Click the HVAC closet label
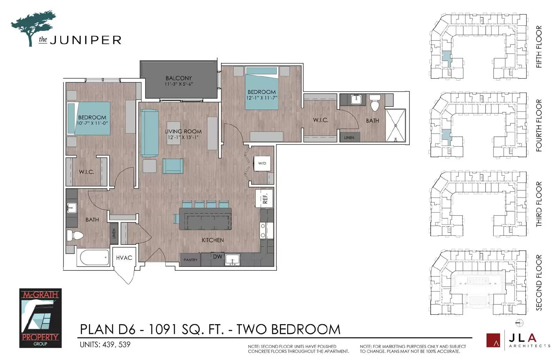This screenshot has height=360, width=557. [124, 258]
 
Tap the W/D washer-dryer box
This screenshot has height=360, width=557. [262, 163]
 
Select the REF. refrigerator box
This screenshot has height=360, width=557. [264, 199]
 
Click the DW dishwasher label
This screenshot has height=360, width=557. [217, 257]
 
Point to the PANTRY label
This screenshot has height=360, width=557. [190, 260]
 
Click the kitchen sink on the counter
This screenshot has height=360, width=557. [233, 260]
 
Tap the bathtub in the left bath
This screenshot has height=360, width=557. [94, 258]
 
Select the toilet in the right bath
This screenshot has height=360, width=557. [375, 103]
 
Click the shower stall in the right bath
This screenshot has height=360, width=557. [395, 126]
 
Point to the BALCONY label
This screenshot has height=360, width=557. [179, 78]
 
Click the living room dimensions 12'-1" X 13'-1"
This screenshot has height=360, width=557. [183, 137]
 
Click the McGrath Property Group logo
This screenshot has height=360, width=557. [40, 318]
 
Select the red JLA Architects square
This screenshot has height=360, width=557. [493, 340]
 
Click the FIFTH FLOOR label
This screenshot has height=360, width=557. [539, 47]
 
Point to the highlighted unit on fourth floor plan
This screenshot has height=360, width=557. [447, 136]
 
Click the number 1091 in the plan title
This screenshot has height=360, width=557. [162, 329]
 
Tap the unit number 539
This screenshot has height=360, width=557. [124, 345]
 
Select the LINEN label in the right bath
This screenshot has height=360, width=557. [349, 138]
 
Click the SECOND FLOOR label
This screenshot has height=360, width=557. [539, 282]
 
